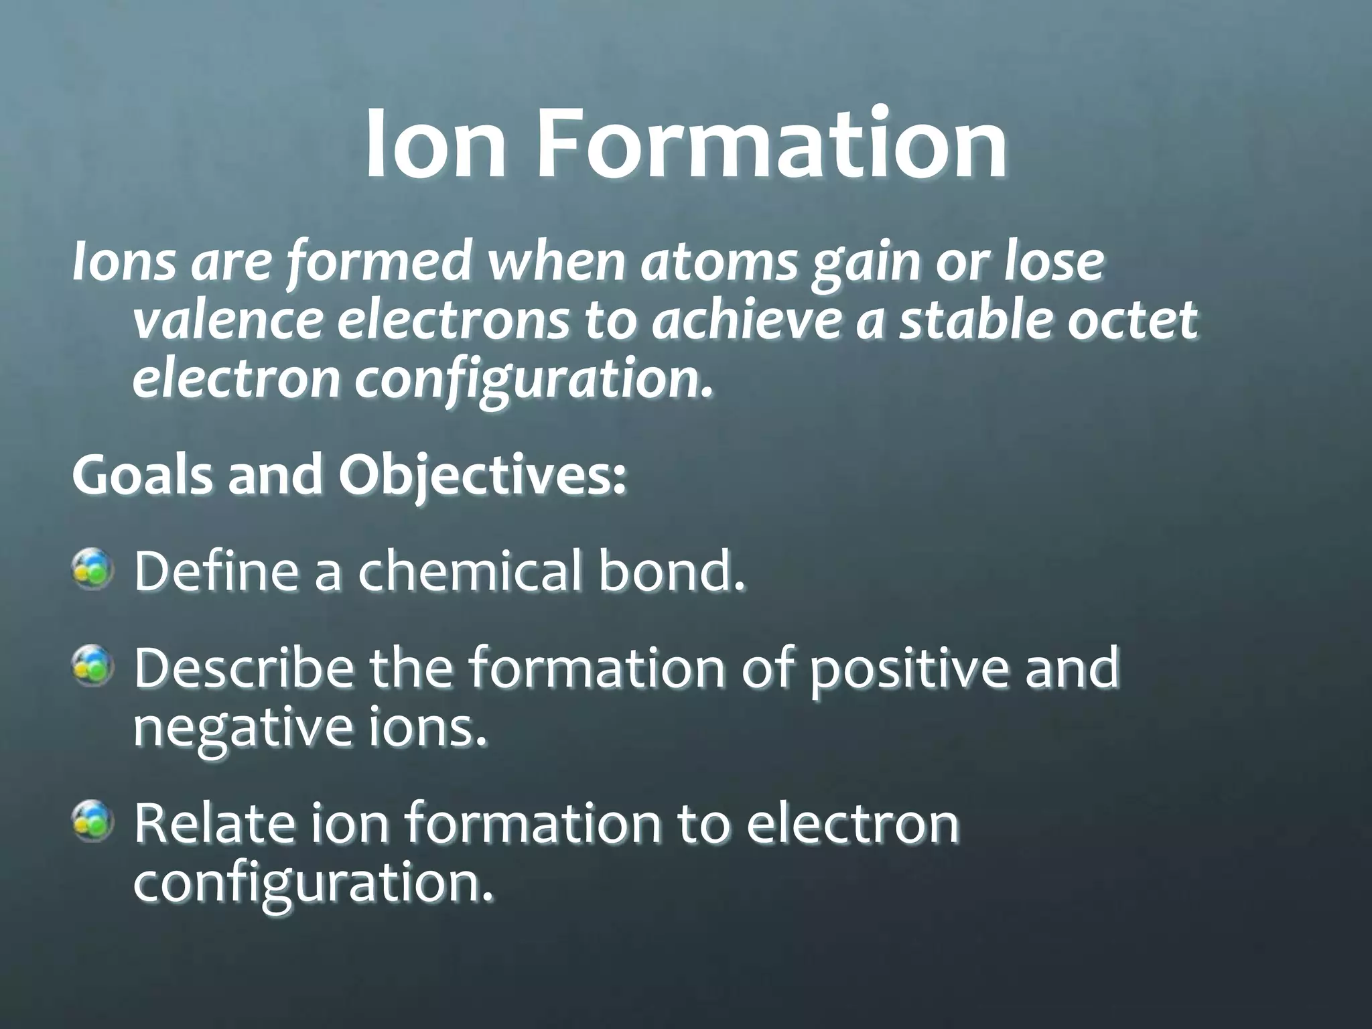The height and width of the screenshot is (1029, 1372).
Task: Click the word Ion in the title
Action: click(435, 145)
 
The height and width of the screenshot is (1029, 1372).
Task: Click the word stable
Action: click(975, 321)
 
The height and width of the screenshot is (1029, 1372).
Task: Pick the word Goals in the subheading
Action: click(141, 474)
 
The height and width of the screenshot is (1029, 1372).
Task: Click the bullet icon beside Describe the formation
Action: click(92, 665)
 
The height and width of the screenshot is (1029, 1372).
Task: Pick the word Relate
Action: click(214, 823)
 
